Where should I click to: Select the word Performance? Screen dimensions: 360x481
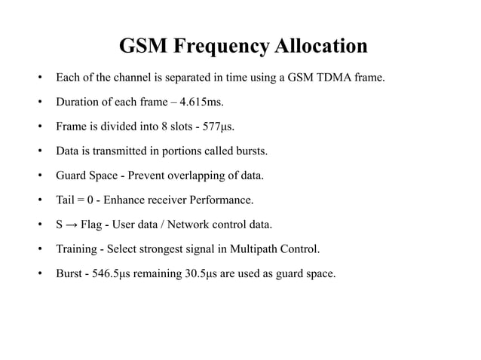tap(224, 200)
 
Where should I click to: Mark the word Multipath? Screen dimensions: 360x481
tap(261, 249)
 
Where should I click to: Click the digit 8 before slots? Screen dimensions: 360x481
tap(154, 126)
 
